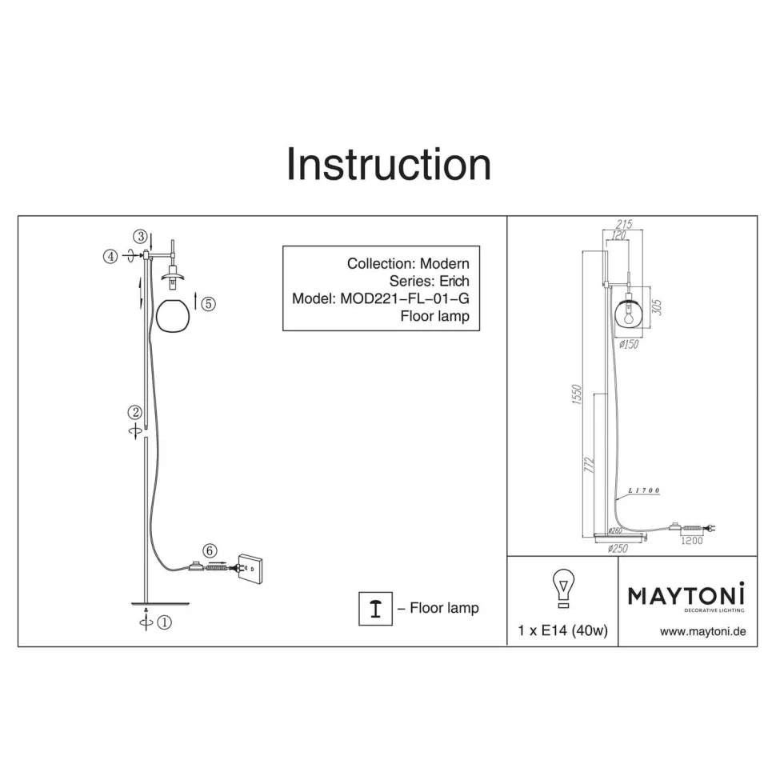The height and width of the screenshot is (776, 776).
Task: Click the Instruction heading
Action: click(x=389, y=164)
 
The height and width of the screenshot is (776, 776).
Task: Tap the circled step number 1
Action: click(x=164, y=622)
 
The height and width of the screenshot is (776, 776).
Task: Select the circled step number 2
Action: click(x=134, y=412)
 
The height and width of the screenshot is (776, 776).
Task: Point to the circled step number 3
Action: click(x=141, y=236)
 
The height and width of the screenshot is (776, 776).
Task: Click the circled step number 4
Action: click(x=110, y=256)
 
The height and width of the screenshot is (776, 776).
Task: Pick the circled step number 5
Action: click(x=208, y=303)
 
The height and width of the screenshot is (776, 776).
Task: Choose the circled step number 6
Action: click(x=210, y=550)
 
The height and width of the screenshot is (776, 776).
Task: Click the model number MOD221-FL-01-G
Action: click(x=405, y=298)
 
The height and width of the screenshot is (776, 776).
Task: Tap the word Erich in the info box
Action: click(x=454, y=281)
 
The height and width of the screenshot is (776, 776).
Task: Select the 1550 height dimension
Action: click(x=576, y=394)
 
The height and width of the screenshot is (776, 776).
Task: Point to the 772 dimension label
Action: click(x=589, y=465)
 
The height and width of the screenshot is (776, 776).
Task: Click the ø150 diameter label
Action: click(x=629, y=344)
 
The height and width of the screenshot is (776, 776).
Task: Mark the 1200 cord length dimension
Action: click(x=692, y=541)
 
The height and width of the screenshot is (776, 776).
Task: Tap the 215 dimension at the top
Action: click(x=624, y=224)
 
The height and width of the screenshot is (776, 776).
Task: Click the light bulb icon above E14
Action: click(x=563, y=588)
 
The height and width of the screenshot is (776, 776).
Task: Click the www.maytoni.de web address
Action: click(x=702, y=631)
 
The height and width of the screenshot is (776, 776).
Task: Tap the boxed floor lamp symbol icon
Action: click(x=376, y=608)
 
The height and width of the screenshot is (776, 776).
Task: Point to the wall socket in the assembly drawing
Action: click(x=250, y=568)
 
